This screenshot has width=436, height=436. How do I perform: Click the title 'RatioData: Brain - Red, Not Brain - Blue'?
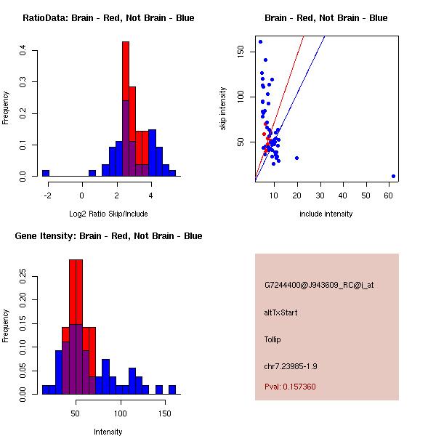(x=108, y=18)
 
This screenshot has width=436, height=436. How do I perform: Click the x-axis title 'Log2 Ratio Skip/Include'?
(x=108, y=214)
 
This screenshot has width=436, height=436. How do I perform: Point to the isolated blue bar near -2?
(x=46, y=173)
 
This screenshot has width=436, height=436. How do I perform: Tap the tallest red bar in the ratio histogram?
(x=126, y=109)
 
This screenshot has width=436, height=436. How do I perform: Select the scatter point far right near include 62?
(x=393, y=176)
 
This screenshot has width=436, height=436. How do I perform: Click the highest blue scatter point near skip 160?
(x=260, y=41)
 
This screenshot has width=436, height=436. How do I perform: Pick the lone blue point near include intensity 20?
(x=296, y=158)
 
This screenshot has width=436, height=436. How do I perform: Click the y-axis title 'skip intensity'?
(x=223, y=109)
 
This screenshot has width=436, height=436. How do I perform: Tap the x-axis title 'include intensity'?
(x=326, y=214)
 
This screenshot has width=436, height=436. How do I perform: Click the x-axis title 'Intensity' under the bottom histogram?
(x=108, y=432)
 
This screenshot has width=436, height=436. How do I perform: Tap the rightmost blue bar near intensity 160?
(x=172, y=389)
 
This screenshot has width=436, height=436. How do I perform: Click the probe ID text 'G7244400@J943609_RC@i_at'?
(x=319, y=286)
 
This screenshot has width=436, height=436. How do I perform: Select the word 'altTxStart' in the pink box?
(x=280, y=312)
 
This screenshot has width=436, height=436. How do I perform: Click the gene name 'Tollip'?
(x=272, y=339)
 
